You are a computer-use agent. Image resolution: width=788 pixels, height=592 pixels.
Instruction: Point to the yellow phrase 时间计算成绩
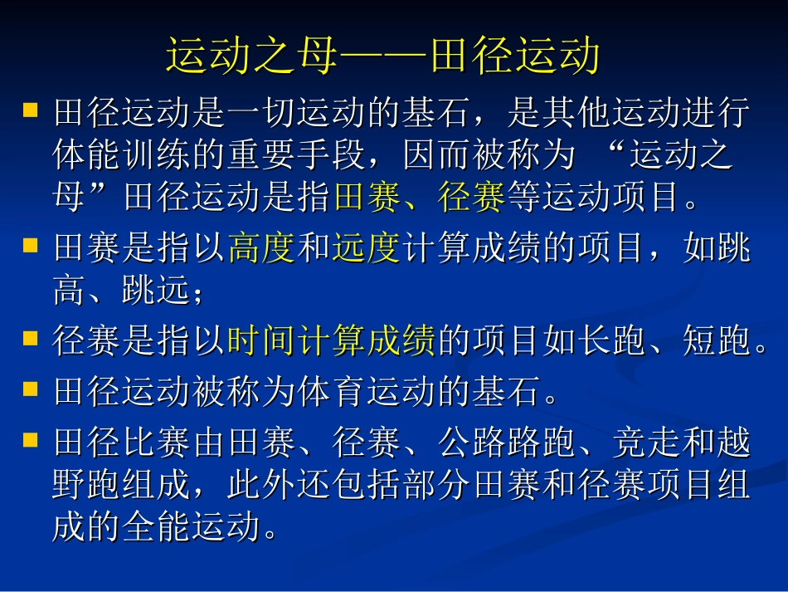click(332, 341)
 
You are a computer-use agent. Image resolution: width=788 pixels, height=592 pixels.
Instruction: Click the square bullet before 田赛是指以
click(30, 246)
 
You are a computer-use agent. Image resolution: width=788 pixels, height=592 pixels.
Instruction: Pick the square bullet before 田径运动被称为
click(30, 389)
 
